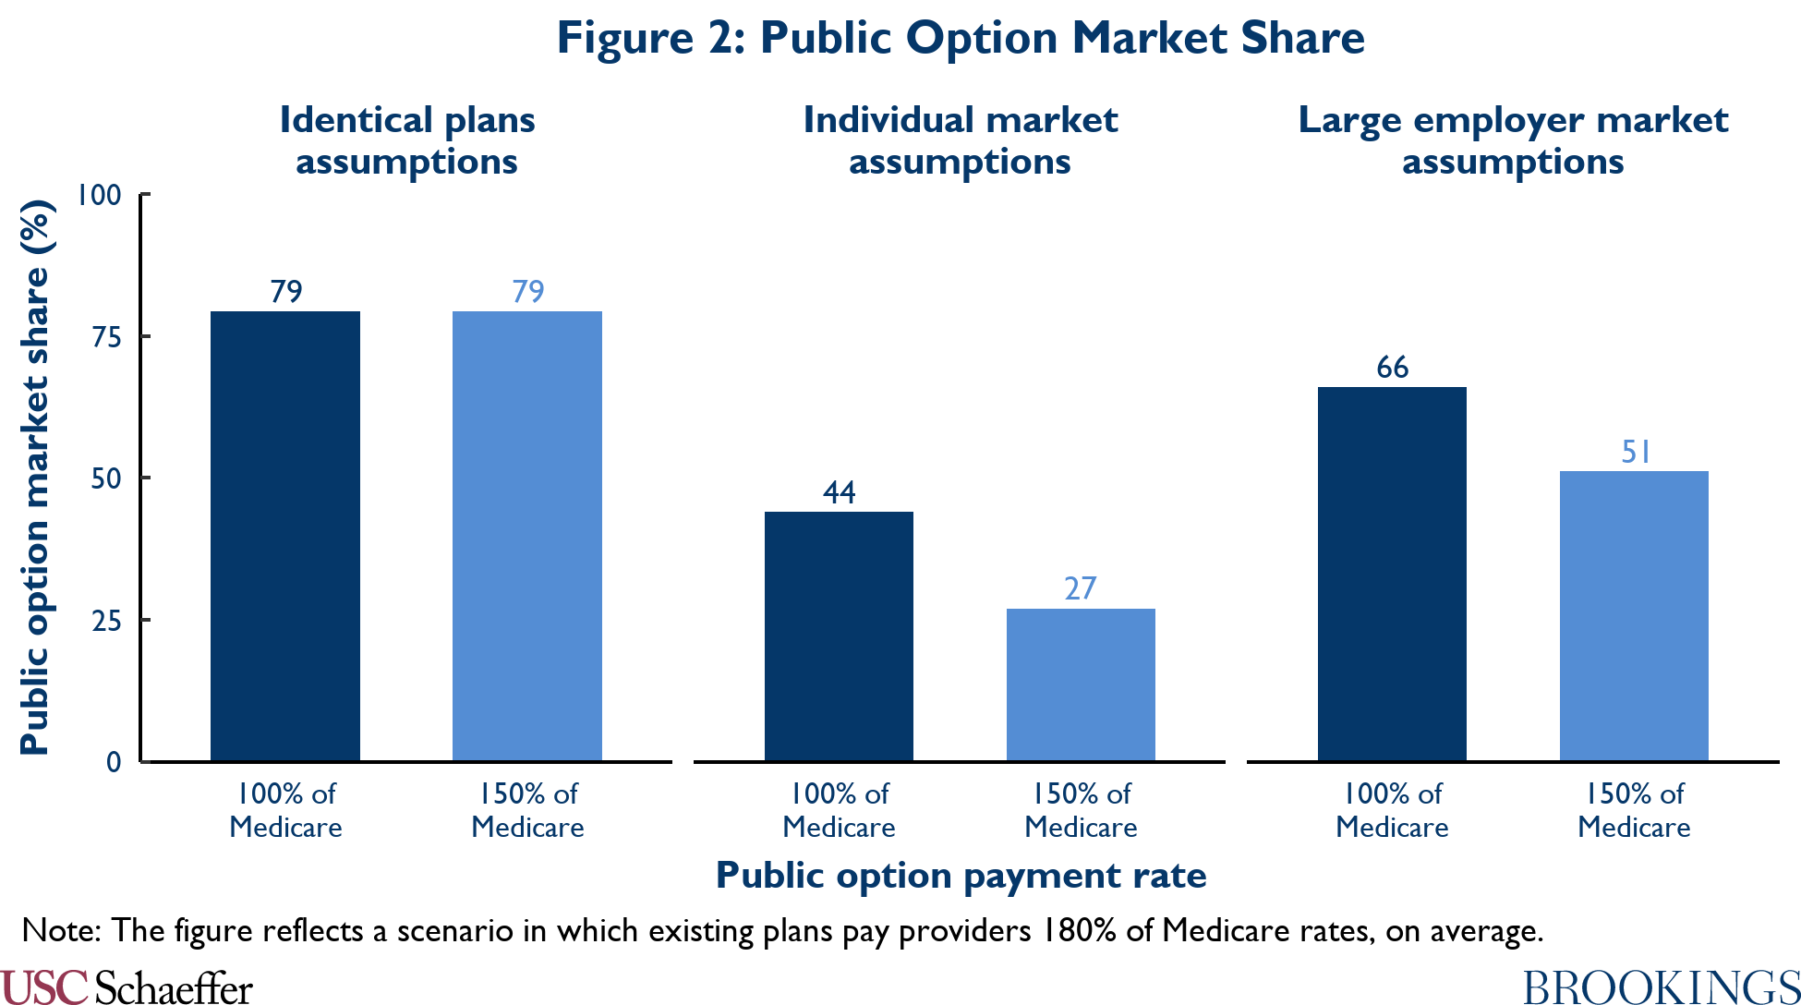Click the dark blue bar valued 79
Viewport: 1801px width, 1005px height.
285,536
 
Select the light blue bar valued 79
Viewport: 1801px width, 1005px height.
527,536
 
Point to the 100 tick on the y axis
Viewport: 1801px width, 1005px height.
99,195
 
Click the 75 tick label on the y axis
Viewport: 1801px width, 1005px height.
106,337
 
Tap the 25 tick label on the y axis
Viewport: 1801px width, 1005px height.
106,621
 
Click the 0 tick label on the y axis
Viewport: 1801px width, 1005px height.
114,762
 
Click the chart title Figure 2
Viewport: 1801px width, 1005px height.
961,39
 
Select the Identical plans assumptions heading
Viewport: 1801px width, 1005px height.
407,140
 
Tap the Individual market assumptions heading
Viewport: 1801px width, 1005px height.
960,140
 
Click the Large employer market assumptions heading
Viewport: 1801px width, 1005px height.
1513,140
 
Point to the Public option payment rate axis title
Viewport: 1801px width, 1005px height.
961,876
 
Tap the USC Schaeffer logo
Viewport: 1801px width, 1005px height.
127,987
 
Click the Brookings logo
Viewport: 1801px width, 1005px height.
1662,987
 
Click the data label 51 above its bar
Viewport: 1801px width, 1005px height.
1636,452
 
